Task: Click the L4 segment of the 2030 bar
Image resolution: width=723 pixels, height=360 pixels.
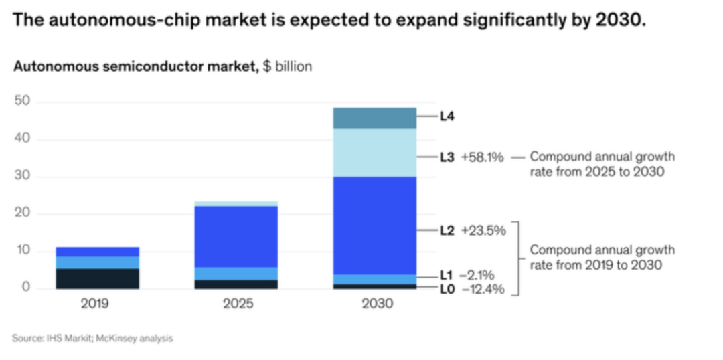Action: pyautogui.click(x=374, y=118)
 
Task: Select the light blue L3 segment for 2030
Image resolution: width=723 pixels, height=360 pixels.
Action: pyautogui.click(x=374, y=153)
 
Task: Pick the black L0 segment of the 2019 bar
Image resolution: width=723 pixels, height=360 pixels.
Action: pyautogui.click(x=97, y=278)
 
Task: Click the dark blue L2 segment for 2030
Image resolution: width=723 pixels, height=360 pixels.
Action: pyautogui.click(x=374, y=226)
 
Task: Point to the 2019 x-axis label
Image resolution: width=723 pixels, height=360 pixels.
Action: pyautogui.click(x=94, y=304)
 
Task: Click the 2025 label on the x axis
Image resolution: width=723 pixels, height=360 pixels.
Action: pyautogui.click(x=238, y=304)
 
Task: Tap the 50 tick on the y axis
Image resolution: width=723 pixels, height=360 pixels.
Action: pyautogui.click(x=23, y=102)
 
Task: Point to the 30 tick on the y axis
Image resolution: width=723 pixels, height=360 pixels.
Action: pyautogui.click(x=23, y=177)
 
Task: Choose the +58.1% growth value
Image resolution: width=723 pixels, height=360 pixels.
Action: pyautogui.click(x=482, y=157)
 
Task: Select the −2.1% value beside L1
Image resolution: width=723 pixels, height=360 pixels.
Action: pyautogui.click(x=477, y=274)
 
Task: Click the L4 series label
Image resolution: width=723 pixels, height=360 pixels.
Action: pyautogui.click(x=447, y=116)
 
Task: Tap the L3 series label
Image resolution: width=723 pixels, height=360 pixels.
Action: pyautogui.click(x=447, y=157)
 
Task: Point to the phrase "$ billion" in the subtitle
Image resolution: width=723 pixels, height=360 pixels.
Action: pyautogui.click(x=287, y=67)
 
